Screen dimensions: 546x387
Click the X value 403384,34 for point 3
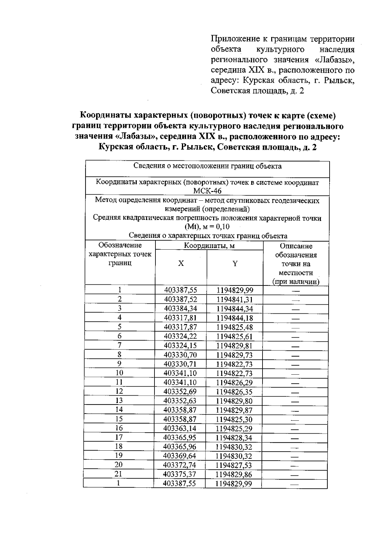pyautogui.click(x=180, y=309)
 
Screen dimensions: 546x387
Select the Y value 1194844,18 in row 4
pyautogui.click(x=234, y=318)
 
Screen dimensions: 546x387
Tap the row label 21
pyautogui.click(x=119, y=474)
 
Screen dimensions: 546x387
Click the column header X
pyautogui.click(x=181, y=263)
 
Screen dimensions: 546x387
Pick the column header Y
pyautogui.click(x=235, y=263)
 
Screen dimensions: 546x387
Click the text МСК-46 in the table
pyautogui.click(x=207, y=191)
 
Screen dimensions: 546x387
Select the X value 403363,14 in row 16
pyautogui.click(x=180, y=428)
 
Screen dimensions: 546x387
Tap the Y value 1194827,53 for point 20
pyautogui.click(x=234, y=465)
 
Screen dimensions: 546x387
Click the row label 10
pyautogui.click(x=119, y=373)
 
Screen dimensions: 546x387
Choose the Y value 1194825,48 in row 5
pyautogui.click(x=234, y=327)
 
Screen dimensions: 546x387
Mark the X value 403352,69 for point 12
pyautogui.click(x=180, y=392)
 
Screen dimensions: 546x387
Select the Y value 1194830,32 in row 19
pyautogui.click(x=234, y=456)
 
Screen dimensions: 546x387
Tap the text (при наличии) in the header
pyautogui.click(x=296, y=282)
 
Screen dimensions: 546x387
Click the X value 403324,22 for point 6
pyautogui.click(x=180, y=337)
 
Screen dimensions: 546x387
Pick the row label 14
pyautogui.click(x=119, y=410)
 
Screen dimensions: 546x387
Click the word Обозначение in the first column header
pyautogui.click(x=120, y=245)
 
